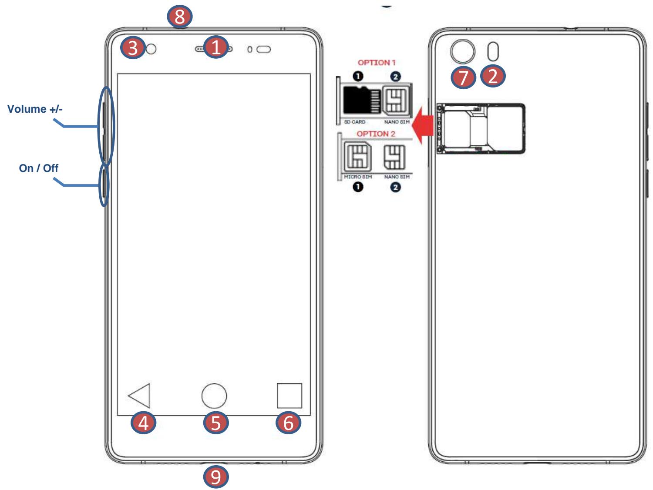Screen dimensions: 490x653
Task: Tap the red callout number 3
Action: (133, 47)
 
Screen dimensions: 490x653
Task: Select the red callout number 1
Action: (216, 47)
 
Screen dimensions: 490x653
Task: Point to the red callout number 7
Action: (463, 77)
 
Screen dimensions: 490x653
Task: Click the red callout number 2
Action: (493, 76)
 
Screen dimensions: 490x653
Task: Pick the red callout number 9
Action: (215, 477)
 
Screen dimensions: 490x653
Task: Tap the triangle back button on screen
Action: (141, 396)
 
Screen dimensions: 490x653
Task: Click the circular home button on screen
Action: (214, 396)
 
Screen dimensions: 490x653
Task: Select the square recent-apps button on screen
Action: (289, 396)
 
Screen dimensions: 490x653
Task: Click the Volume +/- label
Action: (35, 109)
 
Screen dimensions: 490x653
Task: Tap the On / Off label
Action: (38, 168)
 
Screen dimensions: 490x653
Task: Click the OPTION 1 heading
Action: (377, 63)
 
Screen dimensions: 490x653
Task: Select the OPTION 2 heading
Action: (376, 134)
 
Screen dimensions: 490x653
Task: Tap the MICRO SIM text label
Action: (358, 177)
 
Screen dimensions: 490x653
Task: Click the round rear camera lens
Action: (462, 52)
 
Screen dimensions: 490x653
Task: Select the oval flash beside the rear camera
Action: (493, 52)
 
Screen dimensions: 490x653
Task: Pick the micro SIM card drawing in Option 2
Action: (358, 157)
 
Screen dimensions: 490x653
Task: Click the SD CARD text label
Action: (354, 122)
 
